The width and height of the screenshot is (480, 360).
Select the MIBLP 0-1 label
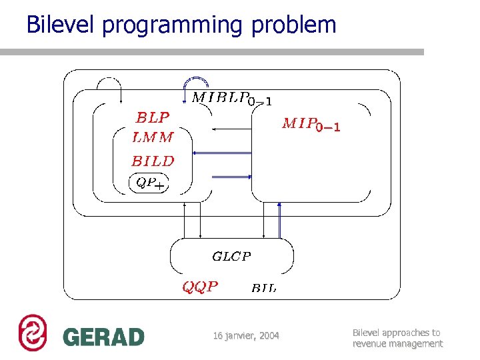tap(231, 99)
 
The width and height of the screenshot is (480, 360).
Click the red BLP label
tap(153, 117)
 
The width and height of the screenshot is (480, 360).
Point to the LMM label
tap(153, 137)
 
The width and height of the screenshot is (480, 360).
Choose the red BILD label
tap(153, 161)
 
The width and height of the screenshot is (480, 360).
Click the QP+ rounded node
tap(150, 182)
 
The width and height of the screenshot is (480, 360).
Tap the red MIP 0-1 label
tap(311, 124)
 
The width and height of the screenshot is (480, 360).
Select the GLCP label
tap(231, 256)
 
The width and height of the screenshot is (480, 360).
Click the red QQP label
tap(200, 287)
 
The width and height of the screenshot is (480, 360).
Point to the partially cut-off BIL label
tap(264, 288)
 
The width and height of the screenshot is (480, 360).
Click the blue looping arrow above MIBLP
tap(196, 83)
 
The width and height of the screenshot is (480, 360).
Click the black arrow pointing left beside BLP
tap(231, 128)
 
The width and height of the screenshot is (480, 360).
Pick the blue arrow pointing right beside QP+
tap(231, 176)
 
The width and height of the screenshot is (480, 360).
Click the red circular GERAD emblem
tap(32, 332)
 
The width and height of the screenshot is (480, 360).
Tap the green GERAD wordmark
tap(103, 337)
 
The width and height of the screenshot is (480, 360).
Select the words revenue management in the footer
tap(397, 344)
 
